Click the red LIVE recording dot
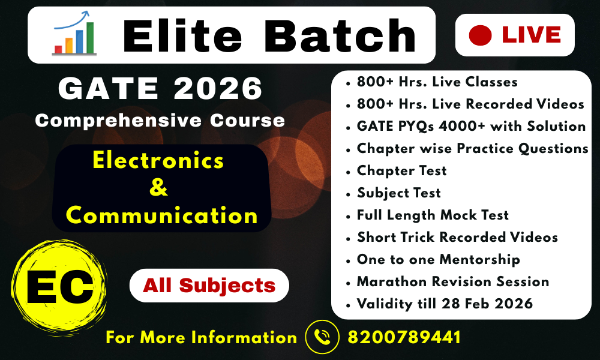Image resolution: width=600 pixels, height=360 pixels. point(480,35)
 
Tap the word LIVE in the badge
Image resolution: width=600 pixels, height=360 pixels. point(531,35)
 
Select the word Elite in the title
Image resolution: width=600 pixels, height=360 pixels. point(184,35)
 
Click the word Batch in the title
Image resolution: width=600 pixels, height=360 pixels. point(340,35)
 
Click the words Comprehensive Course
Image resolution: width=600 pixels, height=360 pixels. point(160,120)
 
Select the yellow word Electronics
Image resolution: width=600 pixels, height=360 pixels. point(158,161)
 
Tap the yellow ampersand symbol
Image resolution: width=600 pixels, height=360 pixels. point(158,188)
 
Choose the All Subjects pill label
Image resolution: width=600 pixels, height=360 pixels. point(209,285)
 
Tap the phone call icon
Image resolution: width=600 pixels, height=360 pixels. point(323,337)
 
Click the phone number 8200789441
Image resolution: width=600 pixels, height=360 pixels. point(404,337)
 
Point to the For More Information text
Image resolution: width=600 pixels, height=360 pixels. point(201,337)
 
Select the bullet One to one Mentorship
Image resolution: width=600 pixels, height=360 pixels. point(438,259)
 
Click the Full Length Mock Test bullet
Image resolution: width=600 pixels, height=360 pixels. point(433,215)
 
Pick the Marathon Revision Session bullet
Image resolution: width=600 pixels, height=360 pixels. point(453,281)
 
